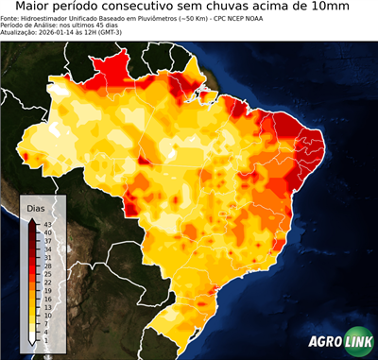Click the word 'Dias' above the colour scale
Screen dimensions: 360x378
coord(36,207)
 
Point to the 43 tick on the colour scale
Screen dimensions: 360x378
coord(47,224)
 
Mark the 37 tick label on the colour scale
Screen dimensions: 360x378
coord(47,241)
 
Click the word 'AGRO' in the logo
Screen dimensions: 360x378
coord(327,342)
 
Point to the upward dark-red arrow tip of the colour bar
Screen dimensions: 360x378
coord(33,220)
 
